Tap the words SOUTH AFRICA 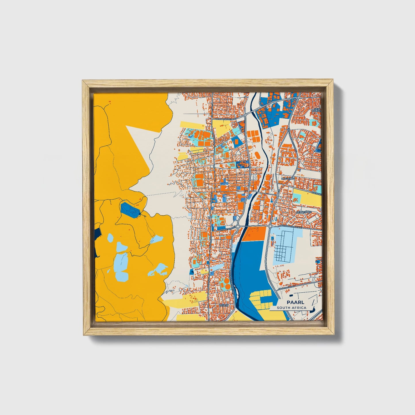[x=292, y=308]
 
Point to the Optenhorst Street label [x=226, y=118]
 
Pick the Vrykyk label [x=224, y=306]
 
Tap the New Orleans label [x=317, y=111]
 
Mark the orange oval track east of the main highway [x=257, y=156]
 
